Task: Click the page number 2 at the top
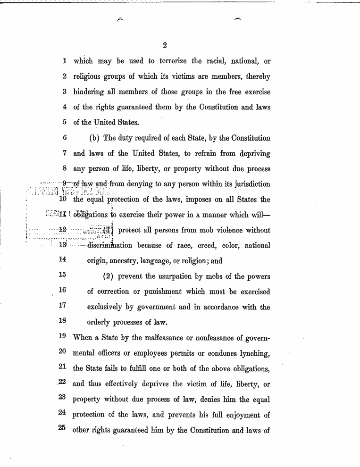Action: coord(165,46)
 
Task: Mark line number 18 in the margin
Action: coord(62,321)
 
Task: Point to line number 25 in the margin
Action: coord(62,430)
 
